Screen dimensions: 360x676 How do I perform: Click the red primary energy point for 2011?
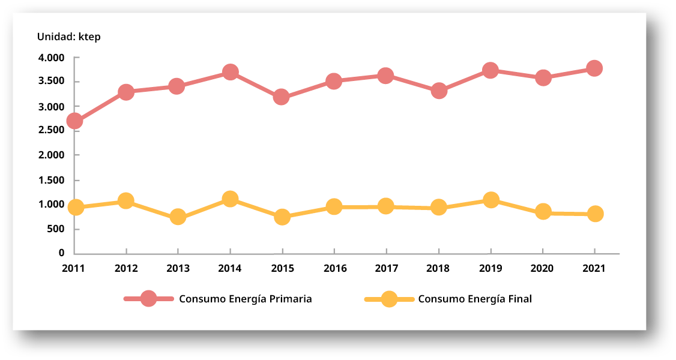tap(74, 121)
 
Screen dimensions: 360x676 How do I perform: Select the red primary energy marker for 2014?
tap(230, 72)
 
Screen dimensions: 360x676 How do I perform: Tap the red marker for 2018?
tap(439, 91)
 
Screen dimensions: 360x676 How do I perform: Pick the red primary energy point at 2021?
tap(594, 68)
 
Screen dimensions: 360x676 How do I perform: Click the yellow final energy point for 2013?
tap(178, 217)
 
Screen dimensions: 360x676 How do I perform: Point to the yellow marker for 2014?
tap(230, 199)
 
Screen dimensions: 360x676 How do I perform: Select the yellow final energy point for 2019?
tap(490, 200)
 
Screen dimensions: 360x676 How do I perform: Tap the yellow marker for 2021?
tap(595, 214)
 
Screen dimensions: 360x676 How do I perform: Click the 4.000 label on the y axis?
tap(51, 58)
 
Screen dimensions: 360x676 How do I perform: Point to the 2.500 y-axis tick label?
tap(51, 130)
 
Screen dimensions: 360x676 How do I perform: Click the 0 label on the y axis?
tap(61, 253)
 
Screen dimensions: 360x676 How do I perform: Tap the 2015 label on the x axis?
tap(282, 268)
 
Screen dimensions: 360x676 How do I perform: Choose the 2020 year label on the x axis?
tap(543, 268)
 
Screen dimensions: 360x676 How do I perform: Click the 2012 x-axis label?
tap(126, 268)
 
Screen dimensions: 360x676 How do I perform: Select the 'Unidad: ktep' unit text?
tap(69, 37)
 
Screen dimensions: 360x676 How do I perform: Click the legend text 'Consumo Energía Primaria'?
tap(245, 299)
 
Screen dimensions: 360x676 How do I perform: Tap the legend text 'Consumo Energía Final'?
tap(475, 299)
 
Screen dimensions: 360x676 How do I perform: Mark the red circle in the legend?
tap(148, 299)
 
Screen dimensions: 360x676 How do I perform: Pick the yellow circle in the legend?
tap(389, 299)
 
